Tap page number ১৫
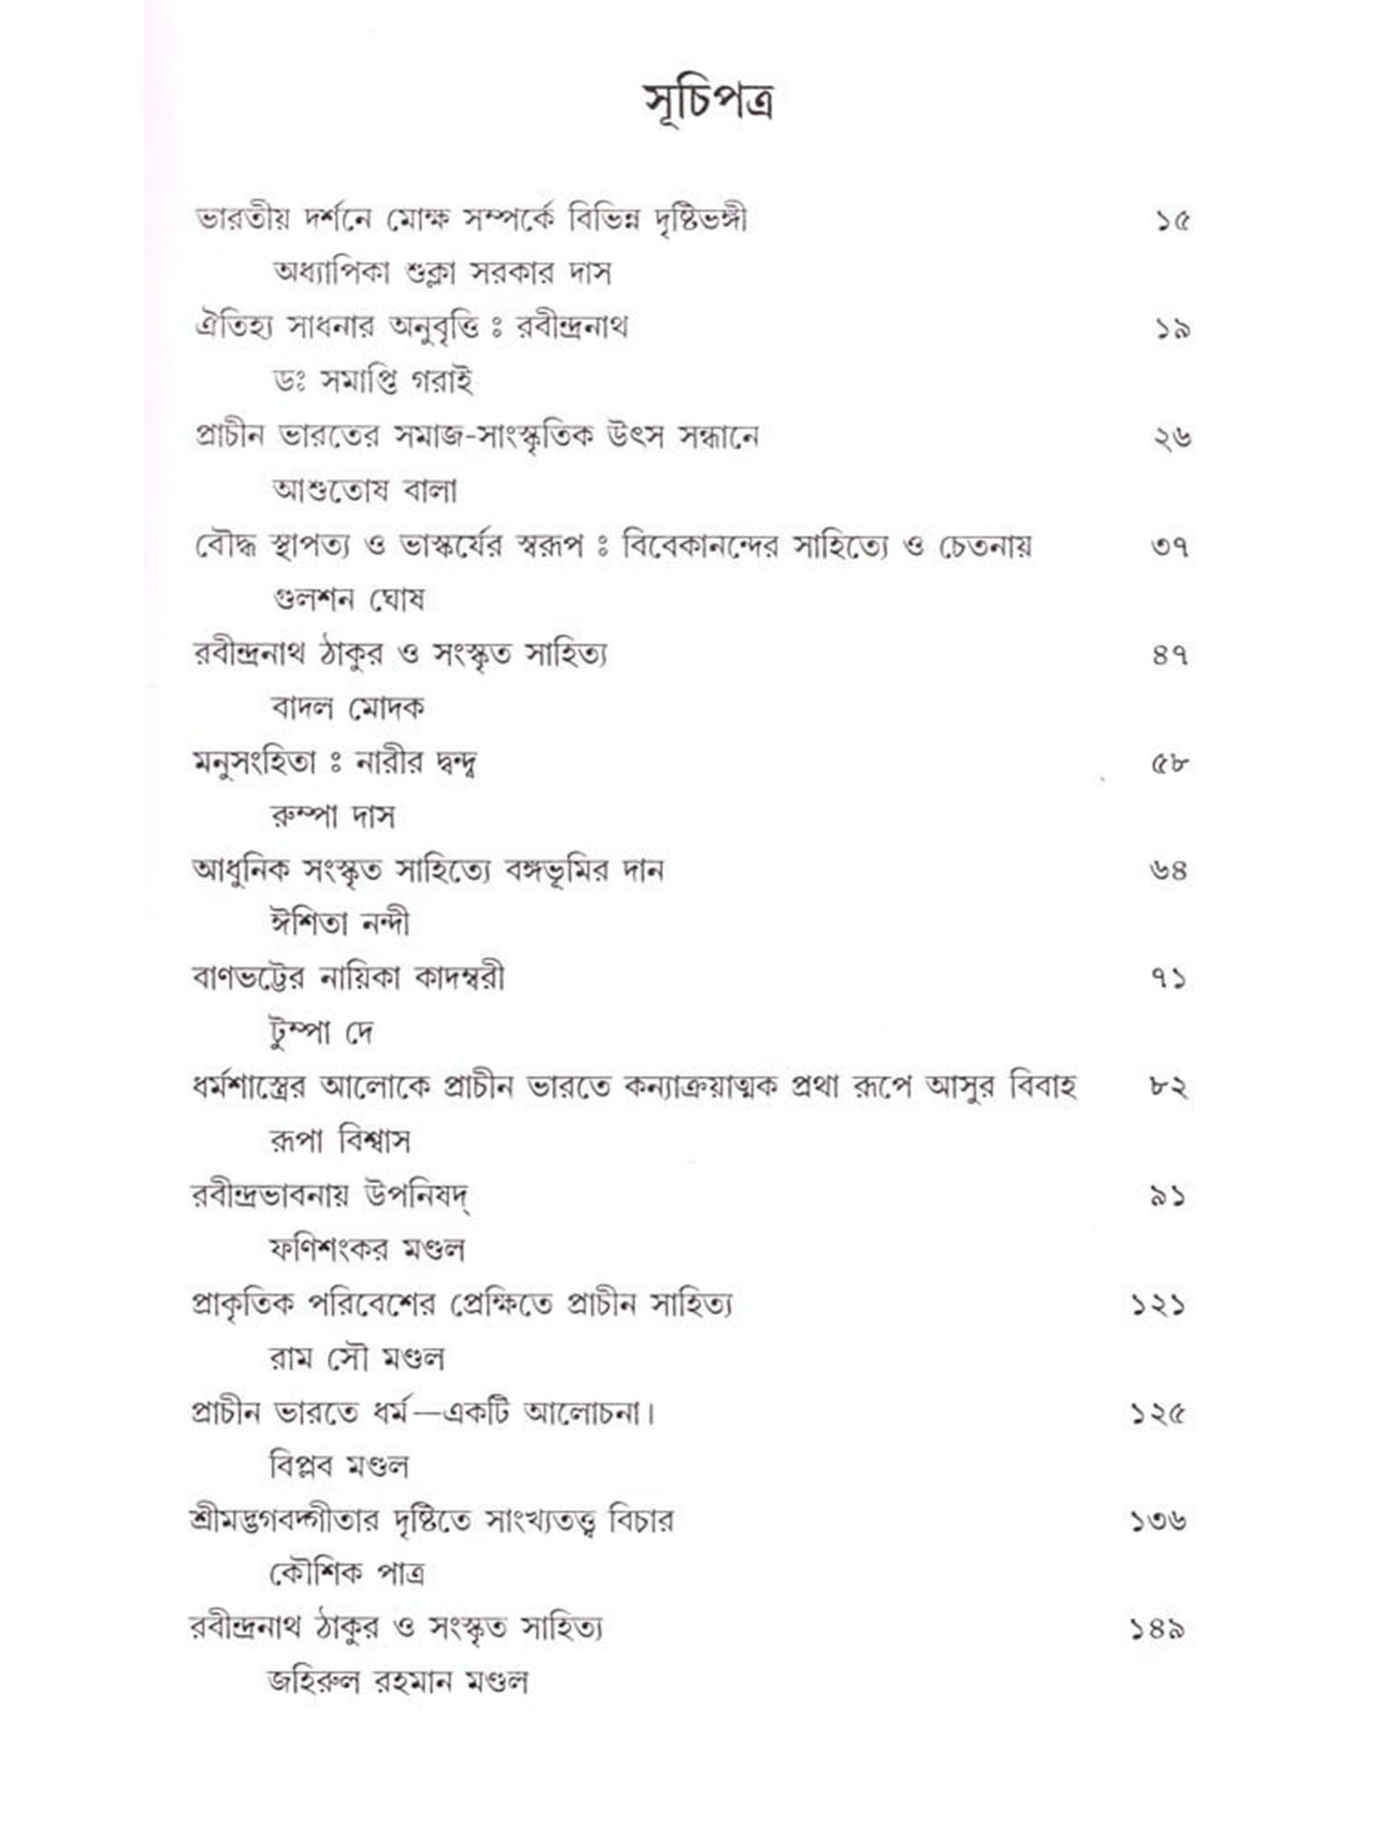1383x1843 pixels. point(1171,221)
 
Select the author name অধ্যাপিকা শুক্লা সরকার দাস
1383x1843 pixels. point(442,274)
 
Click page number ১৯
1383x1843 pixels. point(1171,329)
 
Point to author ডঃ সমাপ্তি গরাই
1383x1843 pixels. point(372,382)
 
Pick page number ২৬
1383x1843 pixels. point(1171,438)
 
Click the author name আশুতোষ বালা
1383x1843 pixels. point(364,490)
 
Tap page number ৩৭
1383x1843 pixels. point(1170,546)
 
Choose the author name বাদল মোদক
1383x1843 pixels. point(348,708)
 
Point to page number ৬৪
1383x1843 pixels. point(1169,871)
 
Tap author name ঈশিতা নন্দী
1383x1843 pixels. point(340,924)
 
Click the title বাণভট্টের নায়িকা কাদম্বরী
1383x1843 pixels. point(348,979)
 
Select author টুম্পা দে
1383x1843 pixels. point(320,1033)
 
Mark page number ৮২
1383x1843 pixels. point(1169,1088)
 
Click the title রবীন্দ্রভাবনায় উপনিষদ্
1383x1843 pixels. point(332,1196)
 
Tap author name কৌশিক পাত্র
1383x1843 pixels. point(347,1574)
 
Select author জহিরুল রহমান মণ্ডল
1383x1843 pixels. point(397,1682)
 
